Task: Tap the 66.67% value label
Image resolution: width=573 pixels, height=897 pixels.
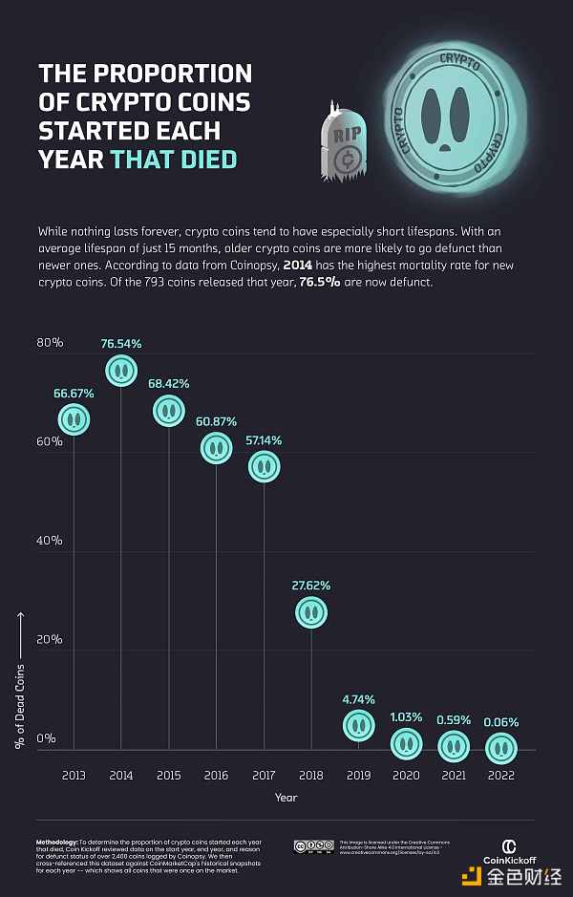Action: [x=74, y=393]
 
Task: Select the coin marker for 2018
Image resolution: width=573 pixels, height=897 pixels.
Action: [x=311, y=612]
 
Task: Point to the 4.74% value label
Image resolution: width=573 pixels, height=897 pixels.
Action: [x=358, y=699]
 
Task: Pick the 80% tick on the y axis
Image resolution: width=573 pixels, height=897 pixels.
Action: [x=50, y=343]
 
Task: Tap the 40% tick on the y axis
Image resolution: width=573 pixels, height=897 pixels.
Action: [x=50, y=541]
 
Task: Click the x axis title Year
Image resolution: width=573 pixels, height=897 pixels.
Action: [x=286, y=797]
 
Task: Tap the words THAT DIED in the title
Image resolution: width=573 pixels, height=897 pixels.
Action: [x=173, y=159]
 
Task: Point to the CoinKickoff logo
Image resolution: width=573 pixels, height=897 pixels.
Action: [x=509, y=850]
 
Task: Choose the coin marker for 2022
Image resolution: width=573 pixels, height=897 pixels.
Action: [x=501, y=746]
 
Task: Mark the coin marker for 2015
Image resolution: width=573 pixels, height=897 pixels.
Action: [x=168, y=411]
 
